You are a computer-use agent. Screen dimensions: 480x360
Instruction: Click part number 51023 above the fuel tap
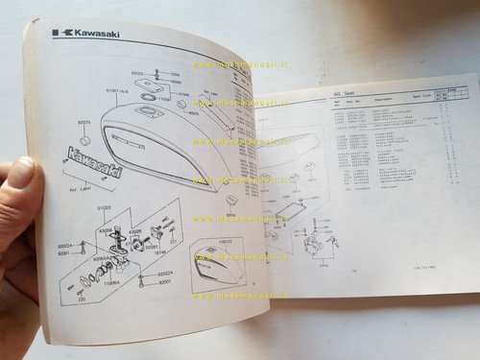tap(105, 206)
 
